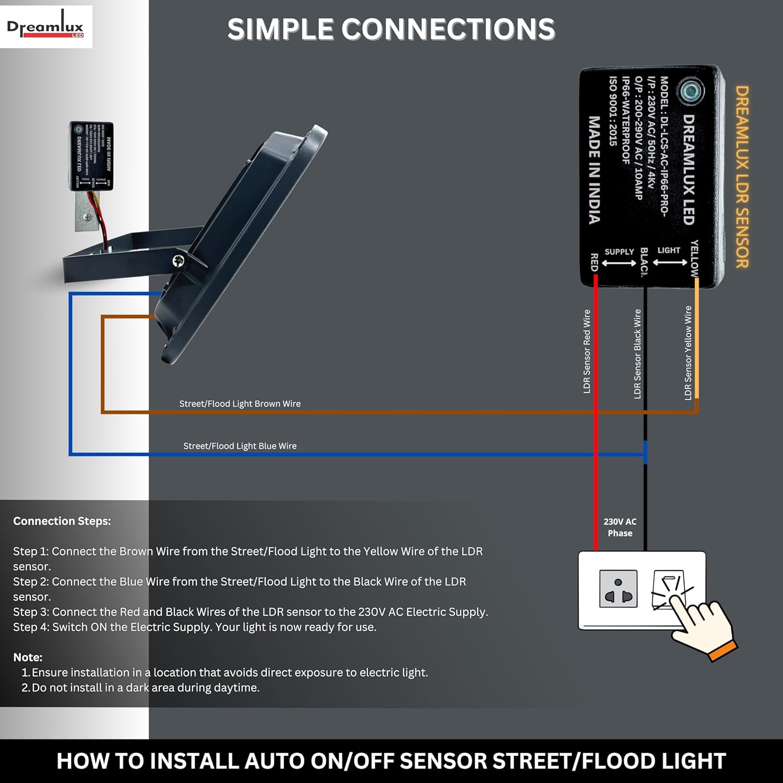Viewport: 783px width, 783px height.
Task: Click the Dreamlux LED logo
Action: click(45, 27)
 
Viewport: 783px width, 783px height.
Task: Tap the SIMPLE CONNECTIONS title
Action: click(391, 29)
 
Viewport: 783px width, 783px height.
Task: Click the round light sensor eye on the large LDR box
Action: click(692, 91)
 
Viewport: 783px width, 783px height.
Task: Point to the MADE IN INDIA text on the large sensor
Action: click(594, 170)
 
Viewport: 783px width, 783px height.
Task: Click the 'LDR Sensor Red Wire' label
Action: click(587, 351)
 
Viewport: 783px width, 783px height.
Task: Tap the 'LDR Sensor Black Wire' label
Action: click(637, 354)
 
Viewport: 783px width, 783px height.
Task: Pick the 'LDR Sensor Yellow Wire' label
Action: click(688, 353)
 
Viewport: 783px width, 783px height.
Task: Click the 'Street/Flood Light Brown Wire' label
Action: click(240, 404)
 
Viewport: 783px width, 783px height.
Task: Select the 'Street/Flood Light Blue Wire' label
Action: click(240, 446)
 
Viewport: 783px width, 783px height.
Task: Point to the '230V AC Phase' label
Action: click(620, 527)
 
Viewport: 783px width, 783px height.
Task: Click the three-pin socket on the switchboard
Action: click(618, 589)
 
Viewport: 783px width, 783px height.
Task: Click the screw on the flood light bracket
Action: click(179, 260)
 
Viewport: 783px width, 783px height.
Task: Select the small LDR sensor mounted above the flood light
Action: click(91, 156)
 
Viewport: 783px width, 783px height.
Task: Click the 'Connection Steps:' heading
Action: click(62, 521)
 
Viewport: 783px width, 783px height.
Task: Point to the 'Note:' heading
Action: click(28, 657)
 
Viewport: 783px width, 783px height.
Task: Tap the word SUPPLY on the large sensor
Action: click(619, 252)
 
